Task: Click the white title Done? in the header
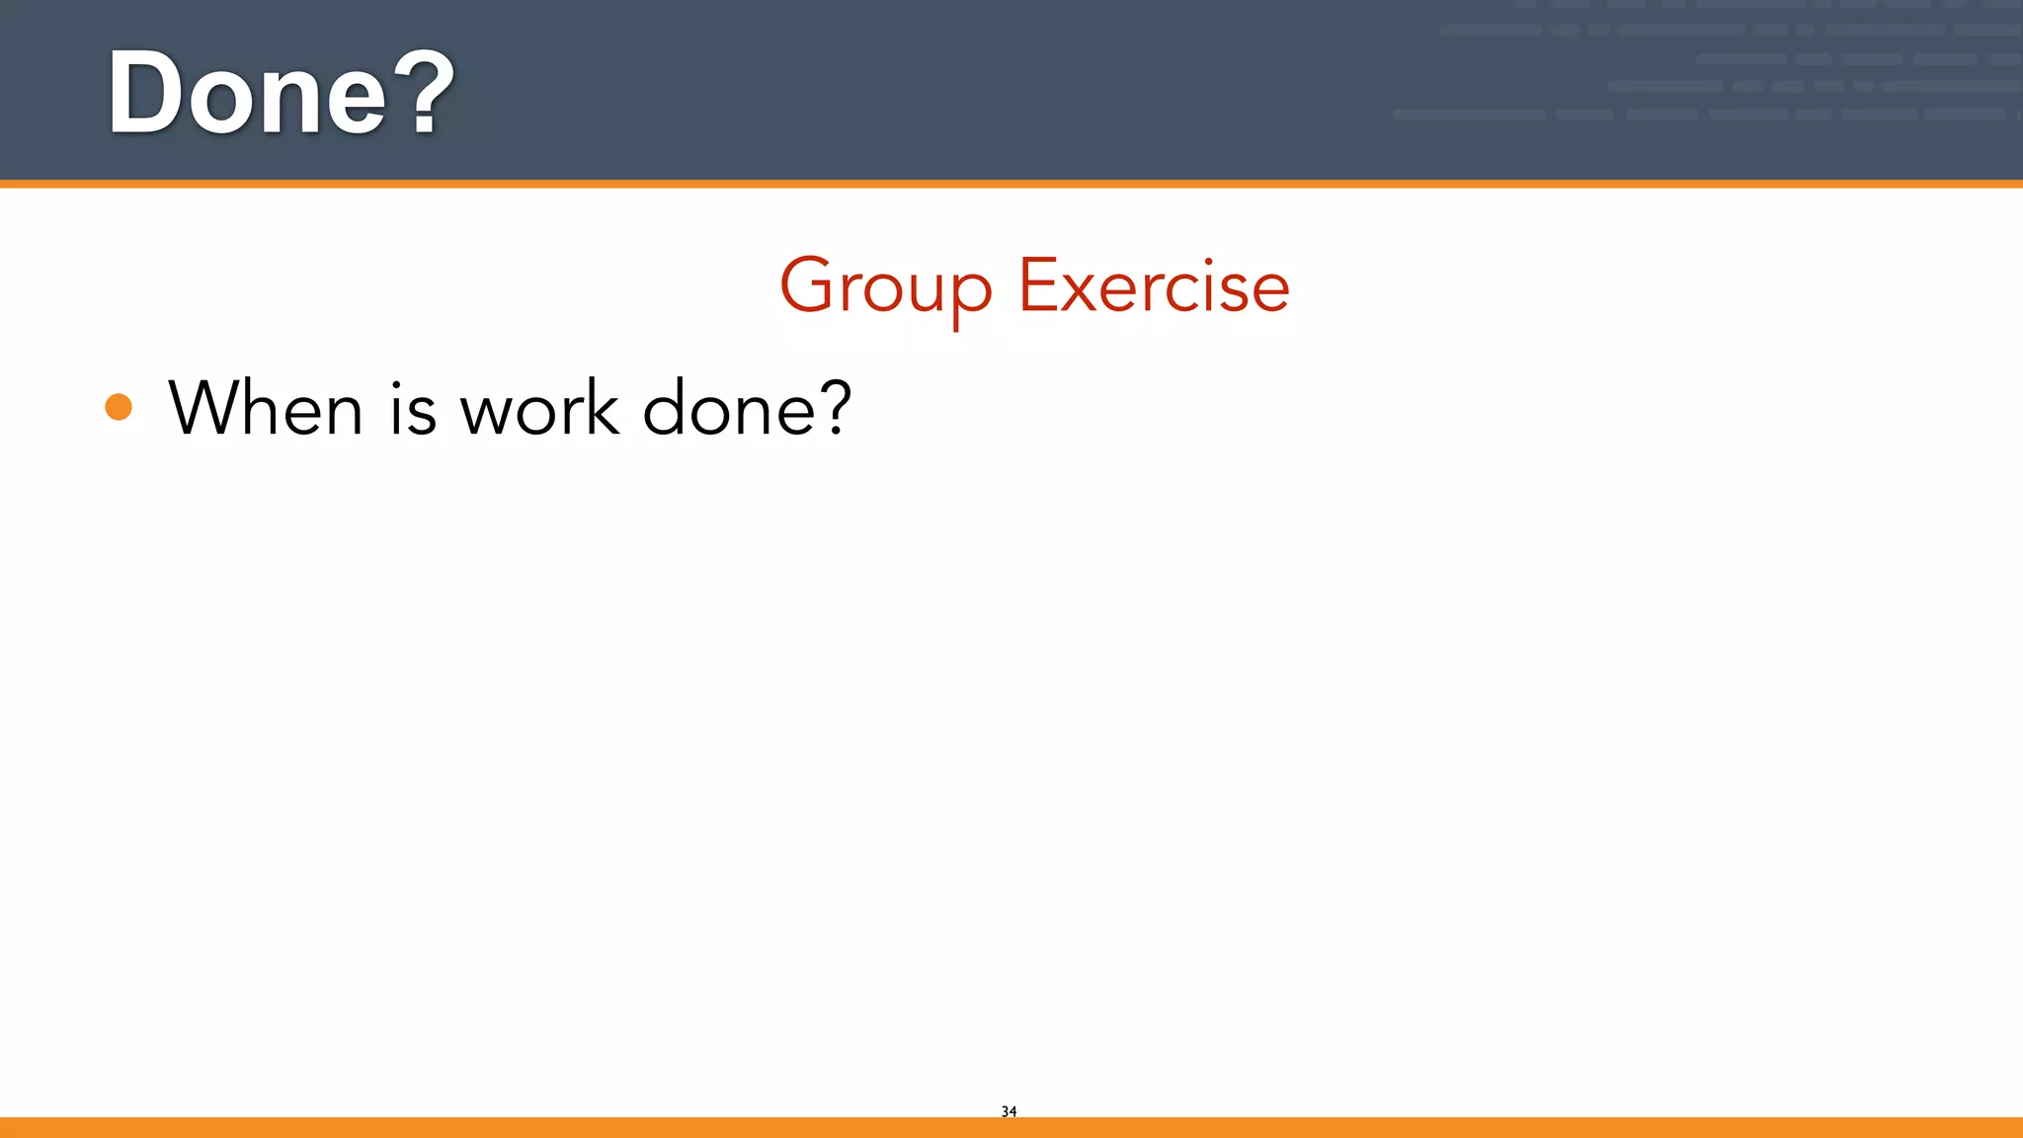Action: pos(281,93)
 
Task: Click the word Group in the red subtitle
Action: pos(886,286)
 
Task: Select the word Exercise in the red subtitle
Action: pos(1154,286)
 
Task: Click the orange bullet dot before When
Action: pos(119,407)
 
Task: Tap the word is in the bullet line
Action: pos(413,409)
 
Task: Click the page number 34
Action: pos(1009,1111)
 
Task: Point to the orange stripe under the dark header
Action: pos(1011,184)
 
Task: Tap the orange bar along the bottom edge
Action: pos(1011,1127)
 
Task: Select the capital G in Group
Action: pos(808,285)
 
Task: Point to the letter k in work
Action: pos(604,406)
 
